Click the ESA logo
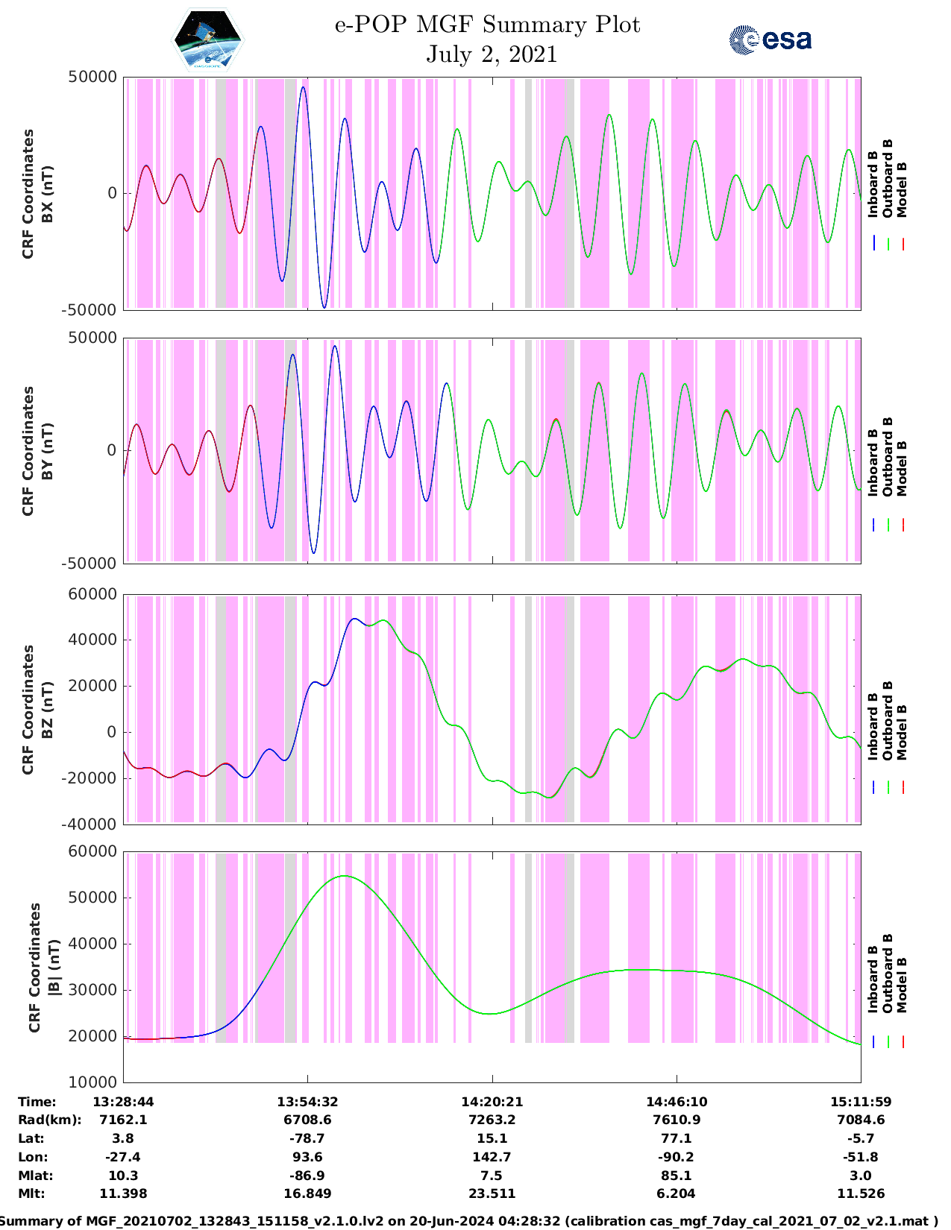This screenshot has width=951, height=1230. point(770,40)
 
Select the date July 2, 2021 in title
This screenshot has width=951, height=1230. point(492,54)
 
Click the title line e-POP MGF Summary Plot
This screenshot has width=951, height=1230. point(487,25)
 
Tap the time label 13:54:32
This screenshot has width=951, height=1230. point(307,1102)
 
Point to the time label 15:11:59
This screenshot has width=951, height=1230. point(861,1102)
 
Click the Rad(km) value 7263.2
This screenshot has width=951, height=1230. point(492,1120)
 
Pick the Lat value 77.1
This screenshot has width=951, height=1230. point(677,1138)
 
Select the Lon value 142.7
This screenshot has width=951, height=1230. point(492,1157)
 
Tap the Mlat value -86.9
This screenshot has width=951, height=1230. point(307,1176)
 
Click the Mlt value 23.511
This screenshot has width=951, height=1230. point(492,1193)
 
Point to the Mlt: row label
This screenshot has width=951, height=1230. point(31,1193)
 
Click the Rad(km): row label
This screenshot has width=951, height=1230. point(49,1120)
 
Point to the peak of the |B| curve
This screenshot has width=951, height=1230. point(343,876)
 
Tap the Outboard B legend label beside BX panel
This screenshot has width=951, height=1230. point(888,178)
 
